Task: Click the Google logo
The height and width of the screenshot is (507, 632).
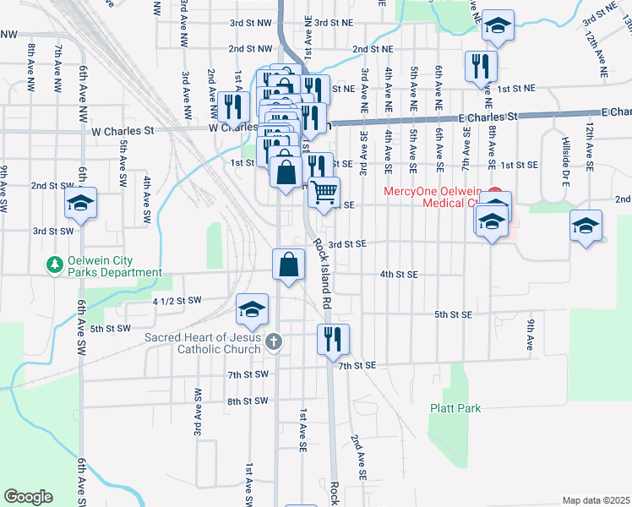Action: (x=28, y=497)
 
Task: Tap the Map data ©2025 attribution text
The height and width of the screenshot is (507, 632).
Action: (x=596, y=500)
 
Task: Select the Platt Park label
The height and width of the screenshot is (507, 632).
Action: (x=455, y=408)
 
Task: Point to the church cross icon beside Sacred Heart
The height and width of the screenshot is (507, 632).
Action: (x=272, y=342)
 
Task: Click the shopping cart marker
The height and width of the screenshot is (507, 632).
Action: (x=324, y=194)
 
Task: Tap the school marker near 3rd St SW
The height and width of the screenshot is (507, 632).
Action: (x=81, y=203)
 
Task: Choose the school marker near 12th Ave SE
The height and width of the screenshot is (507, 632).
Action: (x=586, y=226)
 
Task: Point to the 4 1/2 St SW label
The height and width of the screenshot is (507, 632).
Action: (x=177, y=301)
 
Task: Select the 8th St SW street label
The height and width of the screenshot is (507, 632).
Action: (x=247, y=401)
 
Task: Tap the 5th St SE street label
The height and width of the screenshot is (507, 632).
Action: (x=454, y=314)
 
